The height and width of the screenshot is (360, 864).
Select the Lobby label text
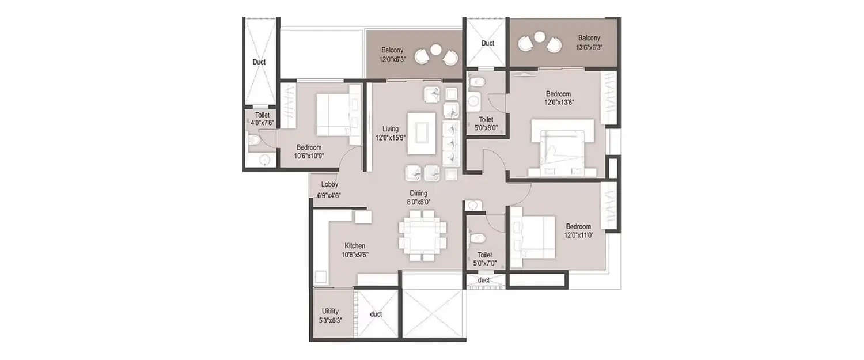pos(329,190)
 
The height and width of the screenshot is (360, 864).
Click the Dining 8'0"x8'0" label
pos(419,198)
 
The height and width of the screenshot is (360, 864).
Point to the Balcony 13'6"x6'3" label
pos(589,43)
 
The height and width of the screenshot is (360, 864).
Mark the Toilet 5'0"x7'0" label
pos(484,259)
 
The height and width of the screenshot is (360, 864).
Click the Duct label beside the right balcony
pos(487,43)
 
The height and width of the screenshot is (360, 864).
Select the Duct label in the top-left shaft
pos(259,62)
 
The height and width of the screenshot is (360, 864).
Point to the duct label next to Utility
pos(376,314)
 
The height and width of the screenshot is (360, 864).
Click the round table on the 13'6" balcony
pos(539,37)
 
